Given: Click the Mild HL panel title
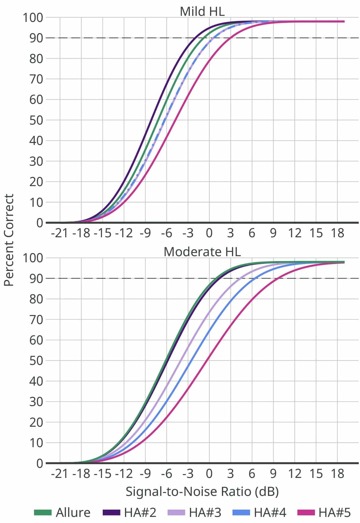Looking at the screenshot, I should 202,12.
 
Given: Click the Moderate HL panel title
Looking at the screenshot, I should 202,252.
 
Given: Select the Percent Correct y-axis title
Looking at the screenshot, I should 9,240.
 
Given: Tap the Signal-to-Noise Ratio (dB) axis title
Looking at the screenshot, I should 202,491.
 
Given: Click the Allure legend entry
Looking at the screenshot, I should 62,512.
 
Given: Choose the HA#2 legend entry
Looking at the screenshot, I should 130,512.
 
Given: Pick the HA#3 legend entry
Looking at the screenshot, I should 194,512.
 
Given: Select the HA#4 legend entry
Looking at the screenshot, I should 259,512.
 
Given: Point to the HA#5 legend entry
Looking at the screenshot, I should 324,512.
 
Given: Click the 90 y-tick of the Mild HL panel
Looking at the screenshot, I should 36,38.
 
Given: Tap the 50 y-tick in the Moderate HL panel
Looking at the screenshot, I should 36,360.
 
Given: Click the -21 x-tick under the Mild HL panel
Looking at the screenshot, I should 60,233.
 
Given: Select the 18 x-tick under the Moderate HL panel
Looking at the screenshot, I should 337,474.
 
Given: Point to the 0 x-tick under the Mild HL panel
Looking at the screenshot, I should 209,233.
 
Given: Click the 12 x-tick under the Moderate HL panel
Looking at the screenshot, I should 294,474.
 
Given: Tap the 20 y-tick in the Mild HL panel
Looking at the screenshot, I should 36,182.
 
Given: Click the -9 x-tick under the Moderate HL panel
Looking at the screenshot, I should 145,474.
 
